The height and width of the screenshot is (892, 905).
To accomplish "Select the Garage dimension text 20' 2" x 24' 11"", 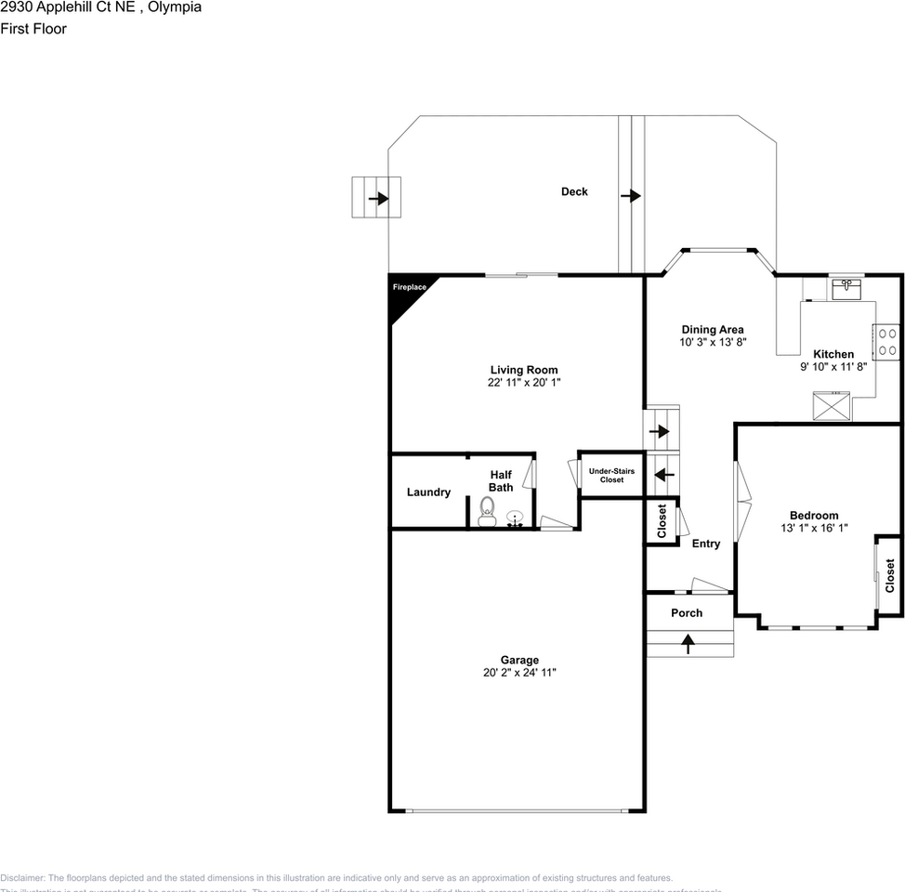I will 519,673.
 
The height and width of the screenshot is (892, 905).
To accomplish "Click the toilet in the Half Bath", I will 486,512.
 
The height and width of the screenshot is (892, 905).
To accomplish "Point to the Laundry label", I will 428,492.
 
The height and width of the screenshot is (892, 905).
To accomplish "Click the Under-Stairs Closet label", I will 611,475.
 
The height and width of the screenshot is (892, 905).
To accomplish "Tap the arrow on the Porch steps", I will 689,643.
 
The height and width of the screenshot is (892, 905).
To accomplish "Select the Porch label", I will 687,613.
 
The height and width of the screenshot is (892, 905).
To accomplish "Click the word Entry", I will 706,544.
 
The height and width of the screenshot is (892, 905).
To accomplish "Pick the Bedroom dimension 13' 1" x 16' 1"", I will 814,528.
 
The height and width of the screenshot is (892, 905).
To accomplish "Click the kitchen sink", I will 846,289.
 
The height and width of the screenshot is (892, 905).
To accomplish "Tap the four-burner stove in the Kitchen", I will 886,341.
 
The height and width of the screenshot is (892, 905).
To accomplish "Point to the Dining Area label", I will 713,330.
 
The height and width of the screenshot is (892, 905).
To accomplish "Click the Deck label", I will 574,191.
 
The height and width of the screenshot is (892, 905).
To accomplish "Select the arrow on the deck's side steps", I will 377,198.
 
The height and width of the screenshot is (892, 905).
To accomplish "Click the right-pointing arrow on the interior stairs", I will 660,431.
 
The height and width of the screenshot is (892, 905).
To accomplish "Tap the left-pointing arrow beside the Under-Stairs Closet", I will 664,474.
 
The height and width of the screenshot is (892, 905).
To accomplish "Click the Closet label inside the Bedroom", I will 889,575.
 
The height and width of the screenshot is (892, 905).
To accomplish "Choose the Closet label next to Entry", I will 662,520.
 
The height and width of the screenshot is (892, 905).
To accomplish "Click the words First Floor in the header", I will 33,29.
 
